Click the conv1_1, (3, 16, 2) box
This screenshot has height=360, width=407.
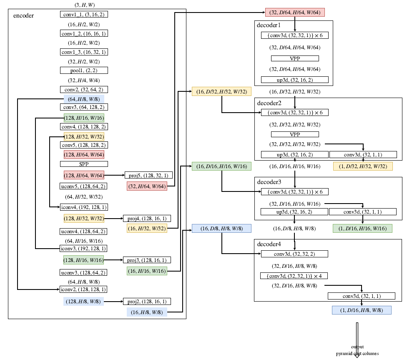[x=84, y=14]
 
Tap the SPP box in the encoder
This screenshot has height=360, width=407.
[x=84, y=164]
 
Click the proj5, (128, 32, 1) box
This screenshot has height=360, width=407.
[x=148, y=175]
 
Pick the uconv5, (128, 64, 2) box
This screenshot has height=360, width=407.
[x=84, y=186]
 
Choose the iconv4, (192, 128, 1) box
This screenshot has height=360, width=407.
[x=84, y=207]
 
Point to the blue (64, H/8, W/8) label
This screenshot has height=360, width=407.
[x=84, y=99]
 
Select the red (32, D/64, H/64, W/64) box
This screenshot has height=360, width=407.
[x=295, y=13]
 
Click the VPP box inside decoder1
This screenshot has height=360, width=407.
[x=295, y=58]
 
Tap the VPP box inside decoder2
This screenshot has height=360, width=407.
[x=295, y=134]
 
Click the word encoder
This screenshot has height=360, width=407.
[x=23, y=15]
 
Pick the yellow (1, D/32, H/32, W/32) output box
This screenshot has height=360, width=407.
[x=363, y=166]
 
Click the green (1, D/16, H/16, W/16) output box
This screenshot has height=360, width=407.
[x=363, y=229]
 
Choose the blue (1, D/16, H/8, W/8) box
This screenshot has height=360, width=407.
[x=362, y=310]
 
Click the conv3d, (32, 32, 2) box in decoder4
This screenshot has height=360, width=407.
[x=295, y=254]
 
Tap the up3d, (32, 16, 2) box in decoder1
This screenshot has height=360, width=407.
[x=295, y=80]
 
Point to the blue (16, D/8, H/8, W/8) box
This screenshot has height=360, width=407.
[x=221, y=229]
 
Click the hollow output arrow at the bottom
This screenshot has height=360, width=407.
[x=357, y=338]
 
